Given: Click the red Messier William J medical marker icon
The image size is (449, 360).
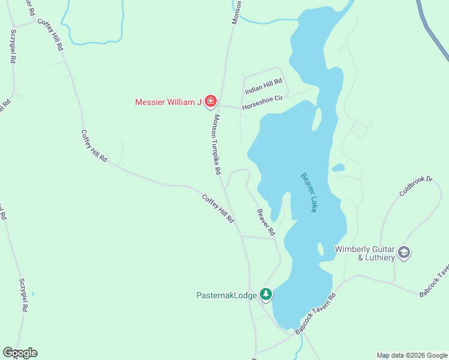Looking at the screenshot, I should click(210, 101).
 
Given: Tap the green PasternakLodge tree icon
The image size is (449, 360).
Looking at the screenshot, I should click(266, 295).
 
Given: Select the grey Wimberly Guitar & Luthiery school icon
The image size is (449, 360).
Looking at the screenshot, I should click(404, 253).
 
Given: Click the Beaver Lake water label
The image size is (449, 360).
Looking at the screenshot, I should click(309, 193).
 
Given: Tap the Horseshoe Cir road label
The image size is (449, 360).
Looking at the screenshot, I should click(262, 103).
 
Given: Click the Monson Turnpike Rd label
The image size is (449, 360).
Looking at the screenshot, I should click(214, 145).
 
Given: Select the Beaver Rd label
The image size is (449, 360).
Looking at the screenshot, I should click(265, 221).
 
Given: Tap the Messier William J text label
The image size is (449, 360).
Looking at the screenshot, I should click(167, 101).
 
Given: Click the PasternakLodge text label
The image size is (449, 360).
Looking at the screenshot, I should click(227, 295).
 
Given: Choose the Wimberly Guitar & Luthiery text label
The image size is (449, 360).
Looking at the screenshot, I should click(364, 253).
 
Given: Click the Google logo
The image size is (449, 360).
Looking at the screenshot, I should click(20, 353).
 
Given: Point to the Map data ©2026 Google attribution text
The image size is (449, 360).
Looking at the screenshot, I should click(411, 355).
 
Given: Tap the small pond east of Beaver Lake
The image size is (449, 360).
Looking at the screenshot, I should click(338, 167).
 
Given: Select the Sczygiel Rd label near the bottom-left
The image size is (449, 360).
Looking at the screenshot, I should click(24, 294).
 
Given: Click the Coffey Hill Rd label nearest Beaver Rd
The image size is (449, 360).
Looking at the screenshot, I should click(217, 208).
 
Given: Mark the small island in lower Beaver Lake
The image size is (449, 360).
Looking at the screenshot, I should click(321, 248).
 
